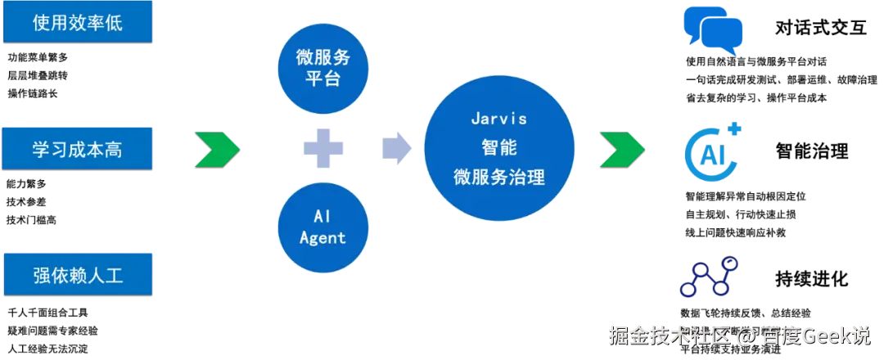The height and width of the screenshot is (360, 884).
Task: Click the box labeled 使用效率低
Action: tap(78, 22)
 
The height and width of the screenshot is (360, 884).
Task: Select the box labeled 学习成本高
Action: tap(78, 149)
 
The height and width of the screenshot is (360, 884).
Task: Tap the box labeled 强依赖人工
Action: tap(78, 274)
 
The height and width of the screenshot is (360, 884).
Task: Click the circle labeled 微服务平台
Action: tap(322, 70)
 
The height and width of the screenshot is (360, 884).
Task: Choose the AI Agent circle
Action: tap(322, 227)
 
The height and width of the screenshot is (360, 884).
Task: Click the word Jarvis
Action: tap(498, 118)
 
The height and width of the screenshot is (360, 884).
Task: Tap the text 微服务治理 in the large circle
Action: tap(498, 177)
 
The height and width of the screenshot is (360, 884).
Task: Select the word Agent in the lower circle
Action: tap(322, 238)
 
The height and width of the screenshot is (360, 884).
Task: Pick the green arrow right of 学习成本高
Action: tap(217, 148)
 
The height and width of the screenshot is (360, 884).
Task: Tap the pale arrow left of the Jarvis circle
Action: tap(396, 148)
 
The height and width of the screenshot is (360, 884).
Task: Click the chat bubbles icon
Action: tap(714, 31)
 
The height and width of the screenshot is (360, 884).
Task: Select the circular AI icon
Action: tap(711, 152)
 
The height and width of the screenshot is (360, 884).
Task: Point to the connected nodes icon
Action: tap(709, 277)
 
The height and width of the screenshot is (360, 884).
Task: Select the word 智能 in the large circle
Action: tap(498, 148)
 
